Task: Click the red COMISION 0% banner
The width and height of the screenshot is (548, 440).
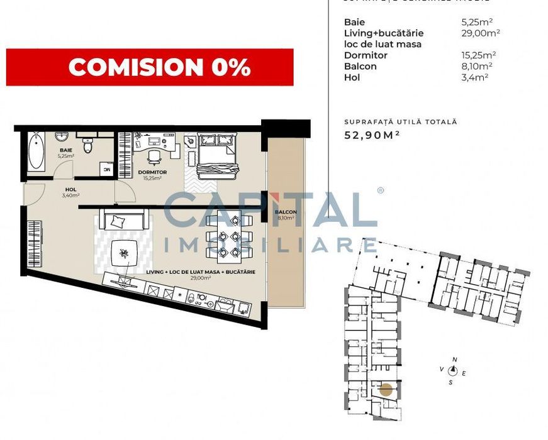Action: pyautogui.click(x=150, y=67)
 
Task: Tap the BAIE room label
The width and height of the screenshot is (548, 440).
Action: pyautogui.click(x=66, y=150)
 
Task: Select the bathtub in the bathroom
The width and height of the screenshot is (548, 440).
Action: pyautogui.click(x=36, y=152)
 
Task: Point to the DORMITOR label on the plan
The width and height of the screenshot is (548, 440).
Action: pyautogui.click(x=152, y=172)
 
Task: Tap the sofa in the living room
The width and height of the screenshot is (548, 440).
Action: pyautogui.click(x=127, y=221)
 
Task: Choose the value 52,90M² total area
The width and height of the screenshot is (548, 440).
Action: pyautogui.click(x=372, y=134)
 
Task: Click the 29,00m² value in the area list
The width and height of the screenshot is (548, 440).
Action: pyautogui.click(x=481, y=33)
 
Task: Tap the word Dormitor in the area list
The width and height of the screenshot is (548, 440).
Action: pyautogui.click(x=366, y=55)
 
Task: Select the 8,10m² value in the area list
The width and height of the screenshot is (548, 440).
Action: pyautogui.click(x=477, y=66)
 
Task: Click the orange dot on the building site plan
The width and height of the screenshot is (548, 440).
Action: pyautogui.click(x=386, y=390)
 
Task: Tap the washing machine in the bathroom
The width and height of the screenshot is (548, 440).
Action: pyautogui.click(x=107, y=169)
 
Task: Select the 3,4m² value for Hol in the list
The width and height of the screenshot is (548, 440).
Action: pyautogui.click(x=475, y=77)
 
